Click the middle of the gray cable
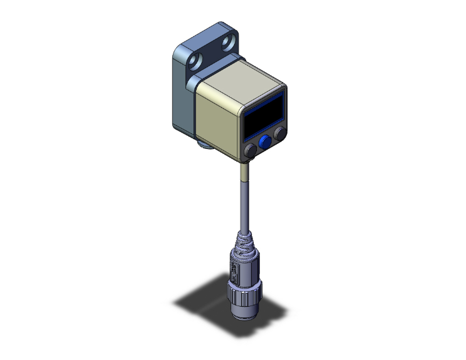point(245,203)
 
